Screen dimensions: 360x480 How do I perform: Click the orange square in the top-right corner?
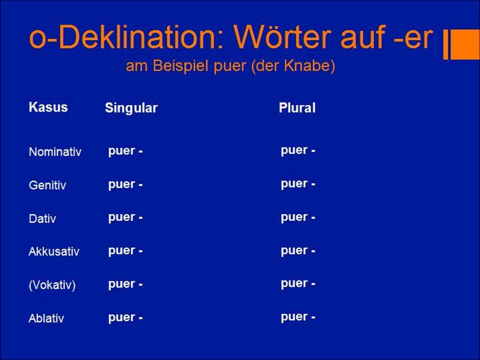[466, 44]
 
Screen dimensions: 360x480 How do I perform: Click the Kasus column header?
[48, 107]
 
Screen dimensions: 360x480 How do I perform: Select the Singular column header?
[131, 108]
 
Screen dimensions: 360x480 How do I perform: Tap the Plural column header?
[297, 108]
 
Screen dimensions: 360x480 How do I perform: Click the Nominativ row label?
[55, 152]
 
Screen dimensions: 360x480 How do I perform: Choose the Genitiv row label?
[47, 185]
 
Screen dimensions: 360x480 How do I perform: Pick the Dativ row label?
[42, 218]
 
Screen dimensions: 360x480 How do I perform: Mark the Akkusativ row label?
[54, 251]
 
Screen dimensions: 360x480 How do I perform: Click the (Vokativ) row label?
[52, 285]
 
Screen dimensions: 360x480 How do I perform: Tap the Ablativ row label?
[46, 318]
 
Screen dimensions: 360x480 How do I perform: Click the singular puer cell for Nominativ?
[125, 151]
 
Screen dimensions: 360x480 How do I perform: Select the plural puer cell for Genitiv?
[297, 184]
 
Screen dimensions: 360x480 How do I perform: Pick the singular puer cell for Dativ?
[125, 217]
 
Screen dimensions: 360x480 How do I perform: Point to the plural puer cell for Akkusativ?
[297, 250]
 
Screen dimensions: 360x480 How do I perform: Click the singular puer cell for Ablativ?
[125, 317]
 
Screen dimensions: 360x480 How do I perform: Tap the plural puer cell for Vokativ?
[297, 283]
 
